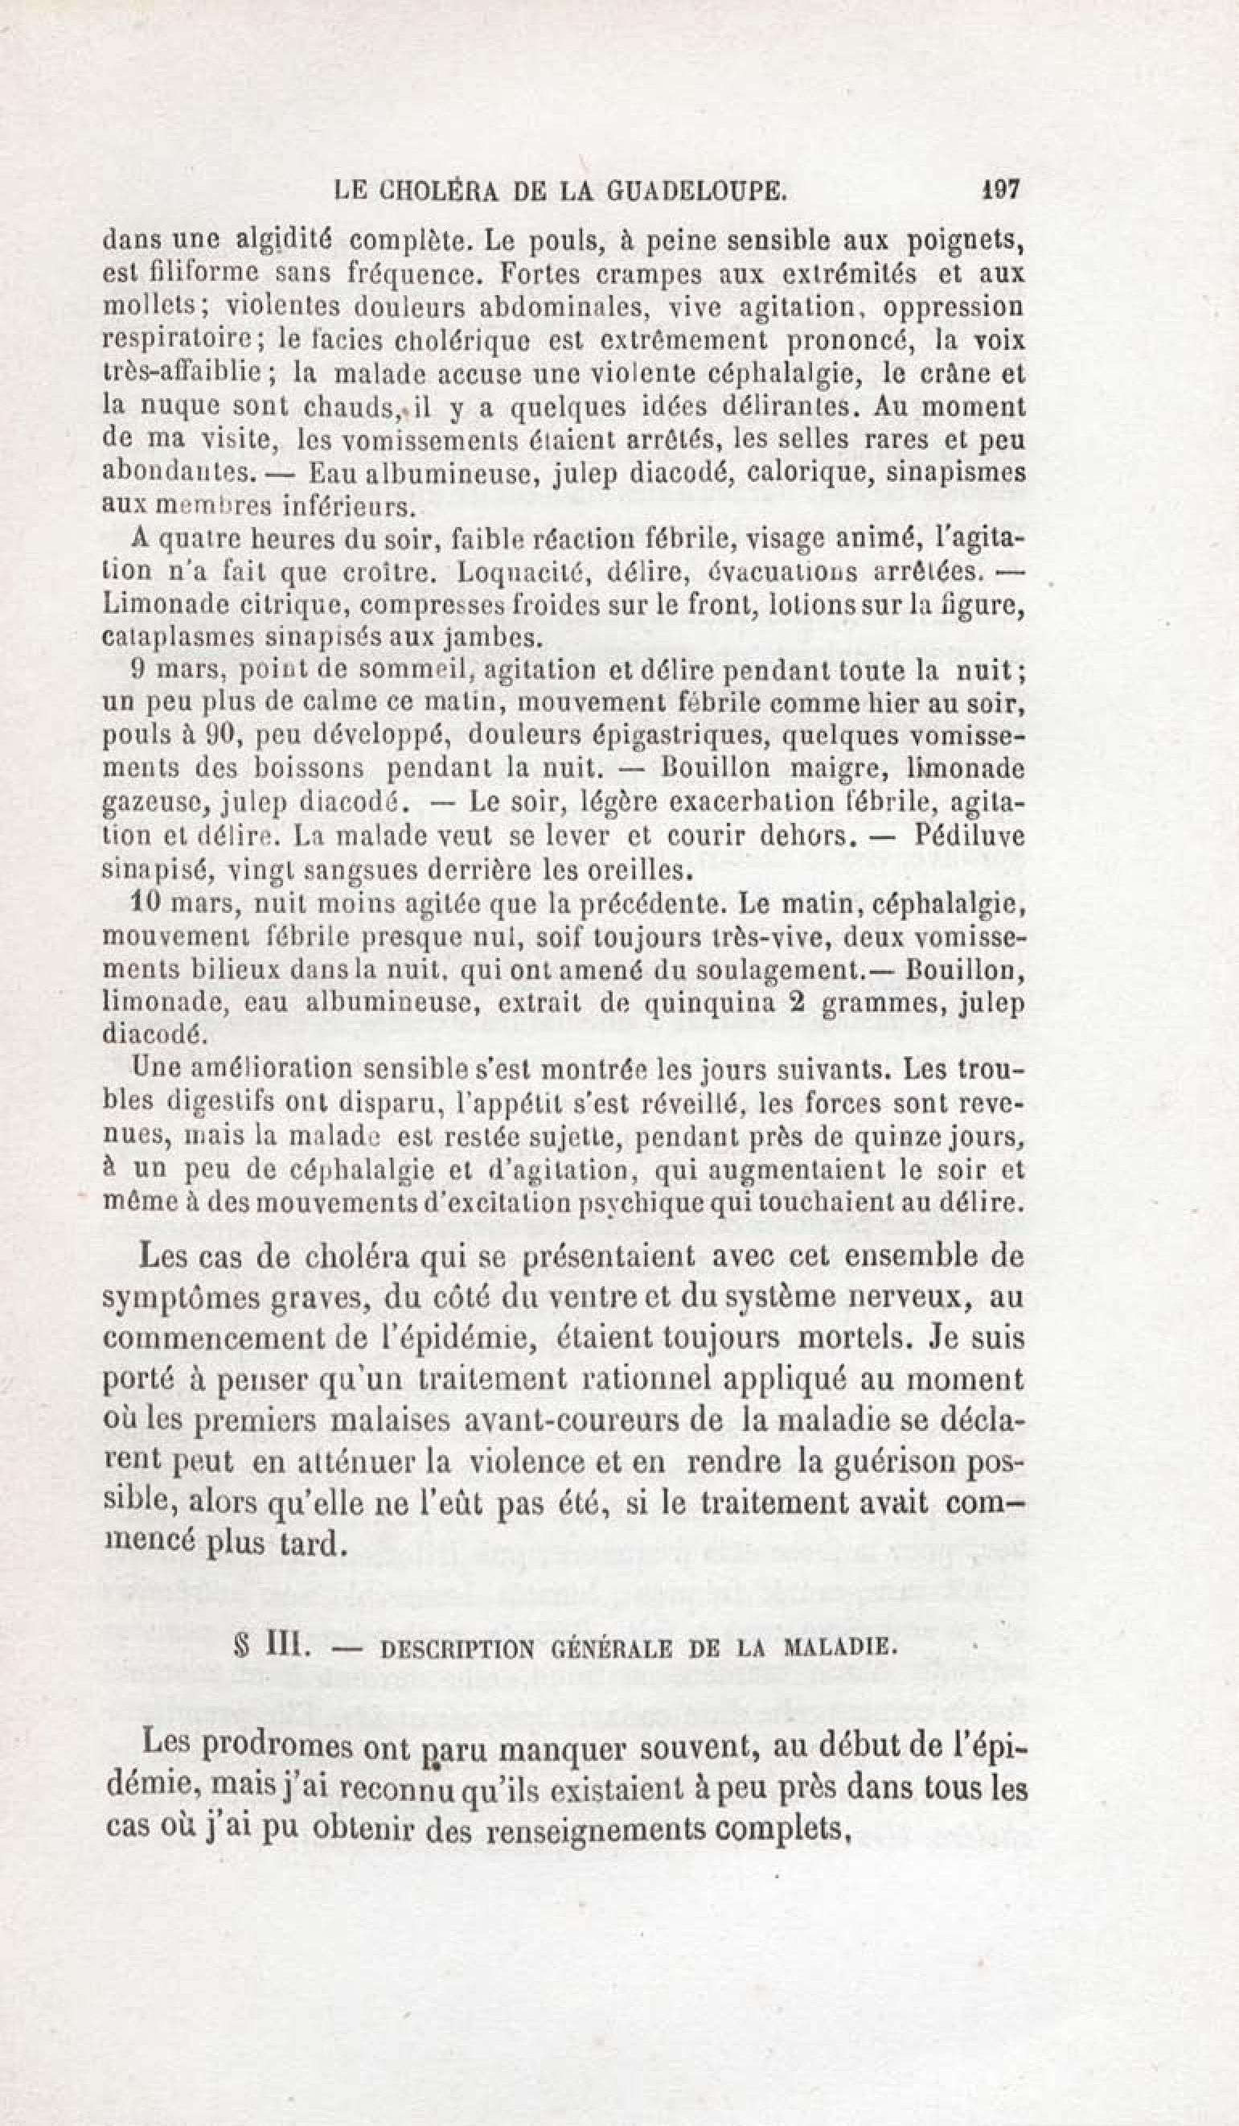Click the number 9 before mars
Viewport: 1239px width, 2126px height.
pyautogui.click(x=141, y=671)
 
